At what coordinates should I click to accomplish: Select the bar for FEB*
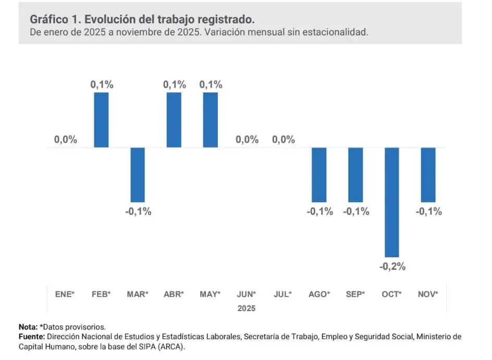click(x=101, y=120)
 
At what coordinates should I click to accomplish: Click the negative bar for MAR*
click(x=138, y=175)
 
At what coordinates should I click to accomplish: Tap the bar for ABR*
click(x=174, y=120)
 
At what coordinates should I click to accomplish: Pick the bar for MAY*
click(x=211, y=120)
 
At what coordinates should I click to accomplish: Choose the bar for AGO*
click(x=319, y=175)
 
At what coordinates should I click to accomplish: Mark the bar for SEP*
click(x=356, y=175)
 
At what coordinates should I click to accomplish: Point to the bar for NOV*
click(x=428, y=175)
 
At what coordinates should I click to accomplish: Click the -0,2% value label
click(x=392, y=267)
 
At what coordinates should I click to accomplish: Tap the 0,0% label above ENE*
click(x=65, y=140)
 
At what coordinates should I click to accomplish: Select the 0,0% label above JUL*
click(x=284, y=140)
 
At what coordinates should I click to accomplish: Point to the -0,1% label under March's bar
click(x=138, y=212)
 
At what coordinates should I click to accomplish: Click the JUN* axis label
click(x=247, y=294)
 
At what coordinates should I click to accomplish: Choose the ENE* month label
click(x=65, y=294)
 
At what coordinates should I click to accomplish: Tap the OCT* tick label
click(x=392, y=294)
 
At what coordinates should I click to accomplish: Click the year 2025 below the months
click(x=247, y=308)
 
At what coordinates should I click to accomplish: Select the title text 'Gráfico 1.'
click(x=55, y=19)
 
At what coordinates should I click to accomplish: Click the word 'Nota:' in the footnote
click(x=28, y=327)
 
